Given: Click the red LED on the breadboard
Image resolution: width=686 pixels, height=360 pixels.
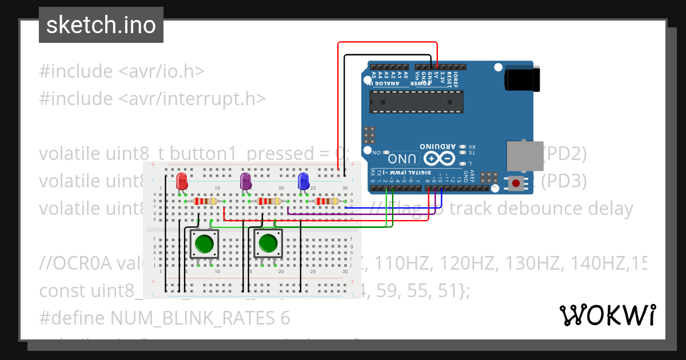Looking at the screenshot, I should pos(182,181).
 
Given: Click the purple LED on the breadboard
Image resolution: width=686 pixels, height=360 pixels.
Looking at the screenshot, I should pos(245,181).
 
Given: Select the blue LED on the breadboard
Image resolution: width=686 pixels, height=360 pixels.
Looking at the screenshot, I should pos(304,181).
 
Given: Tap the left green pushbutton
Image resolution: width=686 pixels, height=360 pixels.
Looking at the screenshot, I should pos(204,244).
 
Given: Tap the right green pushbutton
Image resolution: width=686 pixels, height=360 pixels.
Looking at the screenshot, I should pos(268,244).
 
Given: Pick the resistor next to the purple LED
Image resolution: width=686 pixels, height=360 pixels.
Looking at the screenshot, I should pos(269,201).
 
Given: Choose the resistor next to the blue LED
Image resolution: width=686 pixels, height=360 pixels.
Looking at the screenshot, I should pos(326,201).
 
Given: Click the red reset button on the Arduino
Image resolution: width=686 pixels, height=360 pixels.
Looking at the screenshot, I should pos(516,183).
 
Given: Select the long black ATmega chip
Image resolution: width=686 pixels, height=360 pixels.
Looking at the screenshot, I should pos(416,102).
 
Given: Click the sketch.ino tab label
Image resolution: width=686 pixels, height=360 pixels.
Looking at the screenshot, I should pos(101,25).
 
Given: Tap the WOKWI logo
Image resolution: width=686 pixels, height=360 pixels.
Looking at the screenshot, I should pos(607,315).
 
